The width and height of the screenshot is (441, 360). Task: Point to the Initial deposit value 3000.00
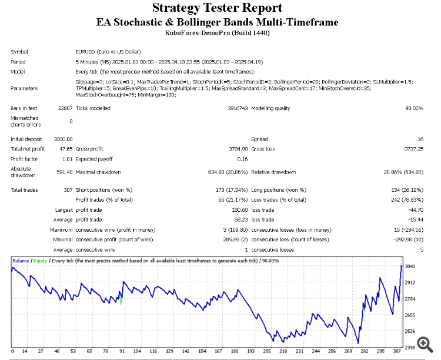[x=63, y=139]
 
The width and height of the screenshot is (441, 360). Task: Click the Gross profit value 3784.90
[x=235, y=149]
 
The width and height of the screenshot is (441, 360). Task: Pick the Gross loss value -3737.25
[x=410, y=149]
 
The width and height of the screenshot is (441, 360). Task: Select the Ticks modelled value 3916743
[x=237, y=108]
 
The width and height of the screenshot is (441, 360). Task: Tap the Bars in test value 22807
[x=65, y=108]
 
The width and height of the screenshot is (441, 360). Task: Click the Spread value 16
[x=420, y=139]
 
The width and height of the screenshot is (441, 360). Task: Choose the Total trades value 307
[x=67, y=189]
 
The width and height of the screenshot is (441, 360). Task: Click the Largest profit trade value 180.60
[x=237, y=209]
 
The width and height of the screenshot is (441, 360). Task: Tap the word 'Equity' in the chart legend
[x=41, y=260]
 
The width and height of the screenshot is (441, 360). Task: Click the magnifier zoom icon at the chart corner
[x=423, y=343]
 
